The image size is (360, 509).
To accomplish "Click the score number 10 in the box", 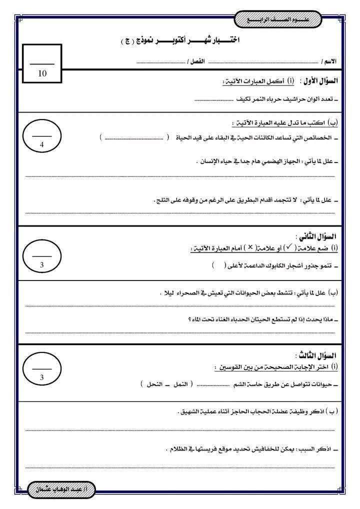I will coord(42,73).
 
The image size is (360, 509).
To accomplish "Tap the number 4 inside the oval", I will coord(42,144).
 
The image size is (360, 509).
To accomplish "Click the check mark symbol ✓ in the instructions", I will coord(289,248).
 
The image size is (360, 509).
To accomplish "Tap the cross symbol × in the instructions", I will coord(250,248).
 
